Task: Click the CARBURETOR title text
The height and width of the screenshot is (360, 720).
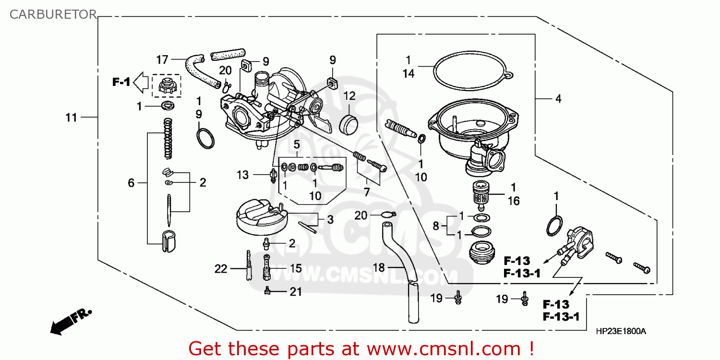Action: click(53, 14)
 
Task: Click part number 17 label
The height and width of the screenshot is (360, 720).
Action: click(162, 60)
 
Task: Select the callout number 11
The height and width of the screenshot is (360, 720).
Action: click(72, 118)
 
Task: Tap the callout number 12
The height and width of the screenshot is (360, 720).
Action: click(349, 96)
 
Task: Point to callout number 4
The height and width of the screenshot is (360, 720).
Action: click(558, 99)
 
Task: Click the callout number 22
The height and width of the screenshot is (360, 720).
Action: click(220, 269)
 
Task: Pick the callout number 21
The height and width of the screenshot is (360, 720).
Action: click(296, 291)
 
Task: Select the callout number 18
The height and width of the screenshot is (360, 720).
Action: click(379, 267)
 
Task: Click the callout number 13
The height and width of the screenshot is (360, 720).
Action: click(243, 175)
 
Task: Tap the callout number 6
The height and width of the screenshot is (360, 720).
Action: click(131, 183)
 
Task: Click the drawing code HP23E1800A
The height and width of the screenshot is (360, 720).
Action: click(621, 331)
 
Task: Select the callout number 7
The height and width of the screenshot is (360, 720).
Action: click(367, 192)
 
